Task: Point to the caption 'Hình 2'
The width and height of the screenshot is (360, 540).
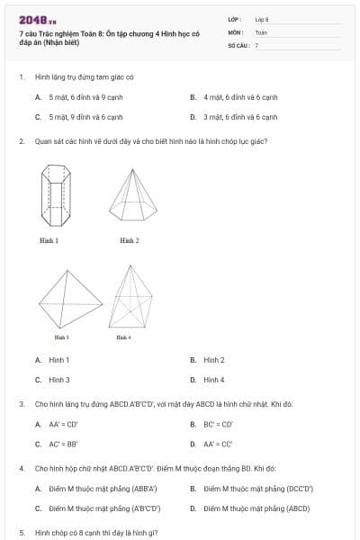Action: tap(129, 241)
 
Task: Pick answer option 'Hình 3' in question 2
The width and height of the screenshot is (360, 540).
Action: tap(58, 380)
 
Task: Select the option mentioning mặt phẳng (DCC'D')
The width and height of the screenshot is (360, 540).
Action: tap(257, 489)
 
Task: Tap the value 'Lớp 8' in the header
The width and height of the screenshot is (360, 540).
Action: tap(262, 19)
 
